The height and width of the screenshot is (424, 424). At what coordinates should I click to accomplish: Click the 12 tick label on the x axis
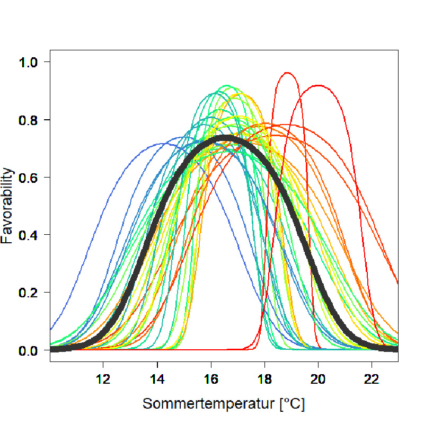[x=103, y=379]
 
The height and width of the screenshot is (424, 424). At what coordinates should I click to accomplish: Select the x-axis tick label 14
[x=157, y=379]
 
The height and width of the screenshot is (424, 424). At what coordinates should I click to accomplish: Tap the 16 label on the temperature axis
[x=211, y=379]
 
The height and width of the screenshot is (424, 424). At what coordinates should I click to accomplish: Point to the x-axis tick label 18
[x=264, y=379]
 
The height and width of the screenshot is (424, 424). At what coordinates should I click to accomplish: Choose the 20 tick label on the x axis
[x=318, y=379]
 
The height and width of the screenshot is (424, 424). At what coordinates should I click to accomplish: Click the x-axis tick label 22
[x=372, y=379]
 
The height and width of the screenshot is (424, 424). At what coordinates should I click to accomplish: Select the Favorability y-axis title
[x=7, y=206]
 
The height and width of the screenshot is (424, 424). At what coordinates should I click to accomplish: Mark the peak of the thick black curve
[x=226, y=138]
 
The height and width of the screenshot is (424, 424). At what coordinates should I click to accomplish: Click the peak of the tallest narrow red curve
[x=287, y=73]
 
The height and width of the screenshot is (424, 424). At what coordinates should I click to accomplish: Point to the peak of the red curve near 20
[x=318, y=85]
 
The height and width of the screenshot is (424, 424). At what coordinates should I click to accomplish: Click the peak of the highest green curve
[x=227, y=85]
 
